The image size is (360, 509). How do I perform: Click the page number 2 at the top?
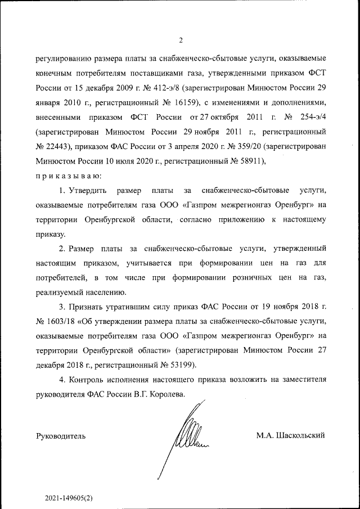181,40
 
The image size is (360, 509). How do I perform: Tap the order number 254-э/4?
312,118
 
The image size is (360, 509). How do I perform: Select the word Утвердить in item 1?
87,191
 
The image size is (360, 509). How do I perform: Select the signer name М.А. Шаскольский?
290,435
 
